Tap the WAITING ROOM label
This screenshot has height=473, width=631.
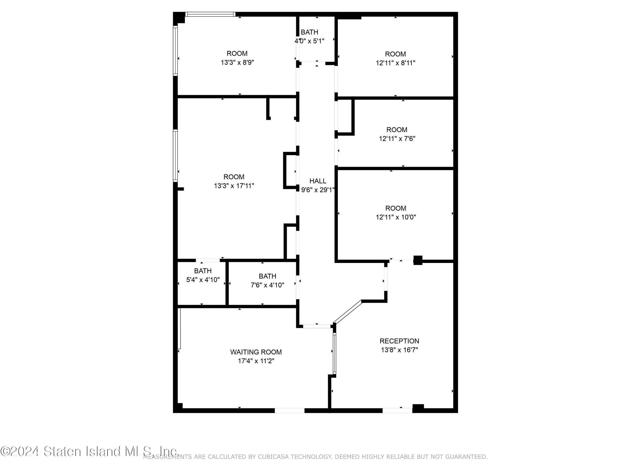pyautogui.click(x=256, y=352)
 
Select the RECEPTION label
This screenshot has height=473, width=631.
pyautogui.click(x=399, y=341)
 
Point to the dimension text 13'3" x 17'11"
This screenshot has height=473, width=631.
pyautogui.click(x=234, y=186)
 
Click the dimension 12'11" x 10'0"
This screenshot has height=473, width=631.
pyautogui.click(x=396, y=217)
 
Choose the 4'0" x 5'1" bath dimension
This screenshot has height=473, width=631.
pyautogui.click(x=310, y=41)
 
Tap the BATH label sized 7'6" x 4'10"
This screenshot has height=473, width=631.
pyautogui.click(x=267, y=276)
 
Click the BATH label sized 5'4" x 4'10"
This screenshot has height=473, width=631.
pyautogui.click(x=203, y=271)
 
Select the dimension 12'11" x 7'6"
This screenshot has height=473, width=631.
pyautogui.click(x=397, y=139)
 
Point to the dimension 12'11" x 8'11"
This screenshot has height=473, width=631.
pyautogui.click(x=395, y=63)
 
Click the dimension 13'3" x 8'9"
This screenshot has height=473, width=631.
pyautogui.click(x=237, y=62)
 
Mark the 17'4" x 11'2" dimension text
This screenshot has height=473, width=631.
pyautogui.click(x=256, y=361)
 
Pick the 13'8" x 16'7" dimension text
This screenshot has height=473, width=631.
pyautogui.click(x=399, y=350)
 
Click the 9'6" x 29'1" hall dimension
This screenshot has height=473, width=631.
pyautogui.click(x=318, y=190)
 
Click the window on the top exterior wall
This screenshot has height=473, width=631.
pyautogui.click(x=210, y=14)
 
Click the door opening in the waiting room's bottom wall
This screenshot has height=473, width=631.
pyautogui.click(x=289, y=410)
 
